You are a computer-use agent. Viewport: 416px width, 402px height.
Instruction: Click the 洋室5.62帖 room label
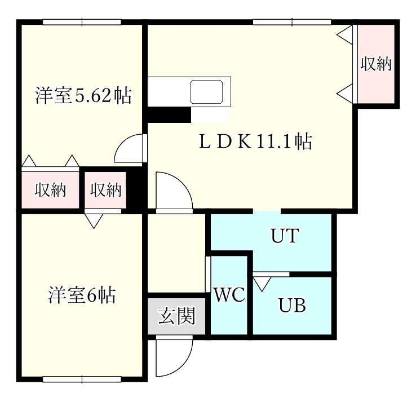[x=83, y=95]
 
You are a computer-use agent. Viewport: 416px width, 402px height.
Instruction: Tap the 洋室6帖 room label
[x=82, y=295]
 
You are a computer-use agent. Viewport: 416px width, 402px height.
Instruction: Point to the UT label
[x=285, y=236]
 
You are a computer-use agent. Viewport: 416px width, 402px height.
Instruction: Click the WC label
[x=229, y=294]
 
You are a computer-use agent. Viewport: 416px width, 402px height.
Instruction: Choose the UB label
[x=292, y=305]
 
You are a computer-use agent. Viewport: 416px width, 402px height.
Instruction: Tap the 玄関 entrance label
[x=176, y=316]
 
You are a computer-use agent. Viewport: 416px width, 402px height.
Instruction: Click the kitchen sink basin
[x=206, y=92]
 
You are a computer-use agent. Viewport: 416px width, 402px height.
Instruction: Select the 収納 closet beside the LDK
[x=376, y=64]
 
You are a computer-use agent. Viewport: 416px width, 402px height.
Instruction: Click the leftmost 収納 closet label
[x=50, y=190]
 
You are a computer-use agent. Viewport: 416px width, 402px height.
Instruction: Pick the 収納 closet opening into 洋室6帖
[x=105, y=190]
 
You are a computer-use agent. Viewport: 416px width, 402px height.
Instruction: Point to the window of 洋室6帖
[x=82, y=379]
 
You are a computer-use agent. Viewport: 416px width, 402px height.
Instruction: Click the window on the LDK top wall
[x=292, y=22]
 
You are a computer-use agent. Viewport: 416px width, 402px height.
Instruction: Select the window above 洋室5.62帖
[x=82, y=22]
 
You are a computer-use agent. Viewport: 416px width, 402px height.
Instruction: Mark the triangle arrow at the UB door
[x=262, y=284]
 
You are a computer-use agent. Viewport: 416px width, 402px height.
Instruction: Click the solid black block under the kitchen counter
[x=169, y=114]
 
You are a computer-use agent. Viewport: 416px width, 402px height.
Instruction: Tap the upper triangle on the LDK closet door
[x=345, y=35]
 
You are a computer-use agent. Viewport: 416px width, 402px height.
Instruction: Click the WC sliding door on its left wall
[x=208, y=275]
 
